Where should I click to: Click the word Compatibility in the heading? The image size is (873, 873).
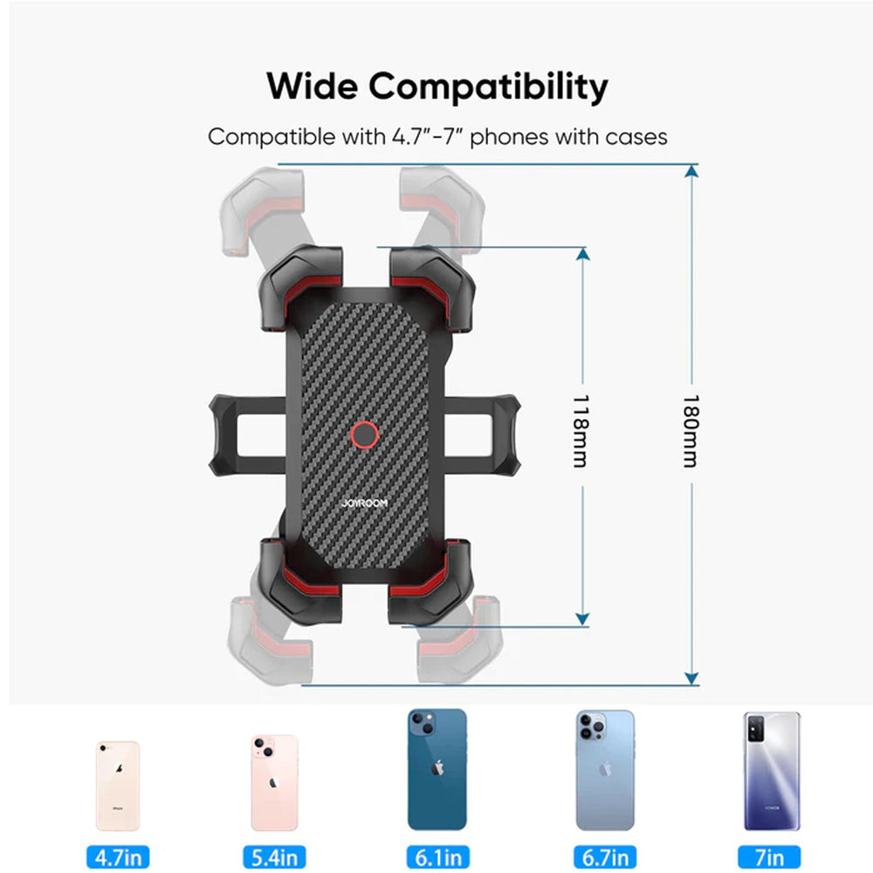[487, 88]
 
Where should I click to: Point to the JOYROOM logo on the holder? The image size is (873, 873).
[365, 503]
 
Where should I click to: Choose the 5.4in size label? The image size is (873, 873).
[274, 856]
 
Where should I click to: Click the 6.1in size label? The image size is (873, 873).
[436, 856]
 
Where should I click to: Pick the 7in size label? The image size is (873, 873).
[769, 856]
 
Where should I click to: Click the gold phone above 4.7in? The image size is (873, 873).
[117, 786]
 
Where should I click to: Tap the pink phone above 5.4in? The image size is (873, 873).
[274, 782]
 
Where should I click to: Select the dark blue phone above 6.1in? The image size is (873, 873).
[436, 769]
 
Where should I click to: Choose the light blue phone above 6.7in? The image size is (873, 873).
[604, 770]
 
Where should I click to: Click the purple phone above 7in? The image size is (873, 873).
[771, 771]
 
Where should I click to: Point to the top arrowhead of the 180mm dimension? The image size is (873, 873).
[691, 171]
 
